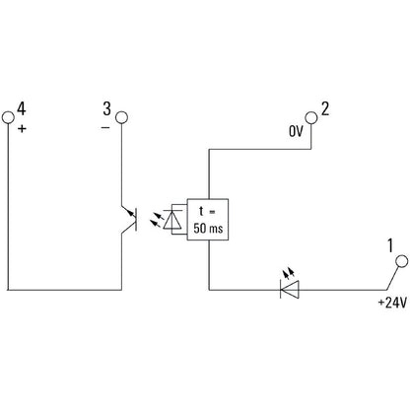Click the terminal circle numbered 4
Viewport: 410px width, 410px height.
click(x=8, y=117)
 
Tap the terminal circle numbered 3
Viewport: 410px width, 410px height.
click(x=121, y=117)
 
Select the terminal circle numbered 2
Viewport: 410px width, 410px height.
click(x=311, y=117)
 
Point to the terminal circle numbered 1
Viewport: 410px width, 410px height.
click(x=401, y=261)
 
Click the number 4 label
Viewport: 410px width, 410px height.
click(x=22, y=108)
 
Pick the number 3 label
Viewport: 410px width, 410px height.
click(x=106, y=108)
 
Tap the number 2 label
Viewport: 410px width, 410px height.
click(x=325, y=108)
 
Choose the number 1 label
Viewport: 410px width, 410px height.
click(x=390, y=245)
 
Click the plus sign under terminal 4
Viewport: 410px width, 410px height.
click(x=22, y=128)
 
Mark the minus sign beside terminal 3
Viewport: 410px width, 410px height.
click(x=105, y=127)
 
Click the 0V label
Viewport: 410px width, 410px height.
click(x=296, y=131)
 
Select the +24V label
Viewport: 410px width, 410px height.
click(x=392, y=303)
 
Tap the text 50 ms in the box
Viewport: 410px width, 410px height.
click(x=208, y=228)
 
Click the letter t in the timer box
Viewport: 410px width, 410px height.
click(x=201, y=211)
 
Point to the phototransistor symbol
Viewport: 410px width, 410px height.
click(x=130, y=219)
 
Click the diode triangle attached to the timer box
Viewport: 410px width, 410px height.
click(x=172, y=219)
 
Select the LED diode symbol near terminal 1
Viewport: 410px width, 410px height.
click(x=290, y=290)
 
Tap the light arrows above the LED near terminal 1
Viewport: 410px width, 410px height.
click(x=289, y=272)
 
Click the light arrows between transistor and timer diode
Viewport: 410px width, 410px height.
click(x=157, y=220)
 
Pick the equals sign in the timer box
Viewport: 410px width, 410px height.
click(x=212, y=212)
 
